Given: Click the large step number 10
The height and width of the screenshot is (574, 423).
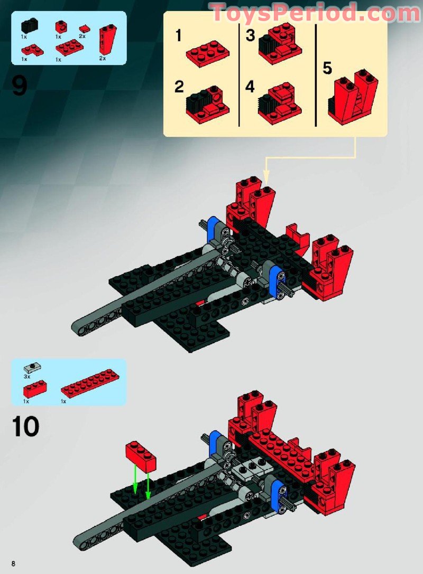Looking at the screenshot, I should click(25, 427).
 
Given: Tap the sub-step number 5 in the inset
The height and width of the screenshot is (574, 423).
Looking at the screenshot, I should click(327, 69).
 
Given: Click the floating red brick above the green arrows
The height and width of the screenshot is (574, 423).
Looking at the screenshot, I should click(141, 456).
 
